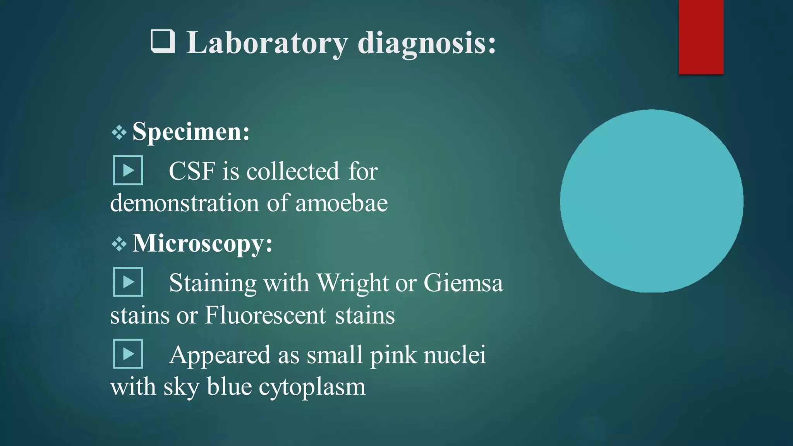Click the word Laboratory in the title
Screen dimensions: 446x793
tap(267, 43)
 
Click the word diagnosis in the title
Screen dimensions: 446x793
tap(426, 43)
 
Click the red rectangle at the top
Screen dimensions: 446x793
tap(701, 37)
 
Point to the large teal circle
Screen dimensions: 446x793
tap(652, 201)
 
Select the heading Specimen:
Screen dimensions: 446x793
tap(191, 132)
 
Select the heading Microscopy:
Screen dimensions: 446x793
tap(202, 244)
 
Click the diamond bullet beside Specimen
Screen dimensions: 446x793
tap(119, 133)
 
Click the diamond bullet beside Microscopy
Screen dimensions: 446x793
tap(119, 244)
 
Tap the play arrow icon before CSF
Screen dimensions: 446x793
tap(128, 170)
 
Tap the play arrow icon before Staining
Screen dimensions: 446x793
tap(128, 282)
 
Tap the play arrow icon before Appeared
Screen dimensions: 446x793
tap(128, 354)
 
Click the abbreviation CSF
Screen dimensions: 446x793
tap(192, 171)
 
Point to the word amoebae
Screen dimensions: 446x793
tap(341, 203)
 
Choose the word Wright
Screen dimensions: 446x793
tap(352, 283)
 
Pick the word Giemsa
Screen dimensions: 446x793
tap(463, 283)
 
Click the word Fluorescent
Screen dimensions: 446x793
tap(265, 315)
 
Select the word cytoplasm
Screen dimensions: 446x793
tap(312, 387)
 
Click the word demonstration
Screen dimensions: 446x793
tap(184, 203)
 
